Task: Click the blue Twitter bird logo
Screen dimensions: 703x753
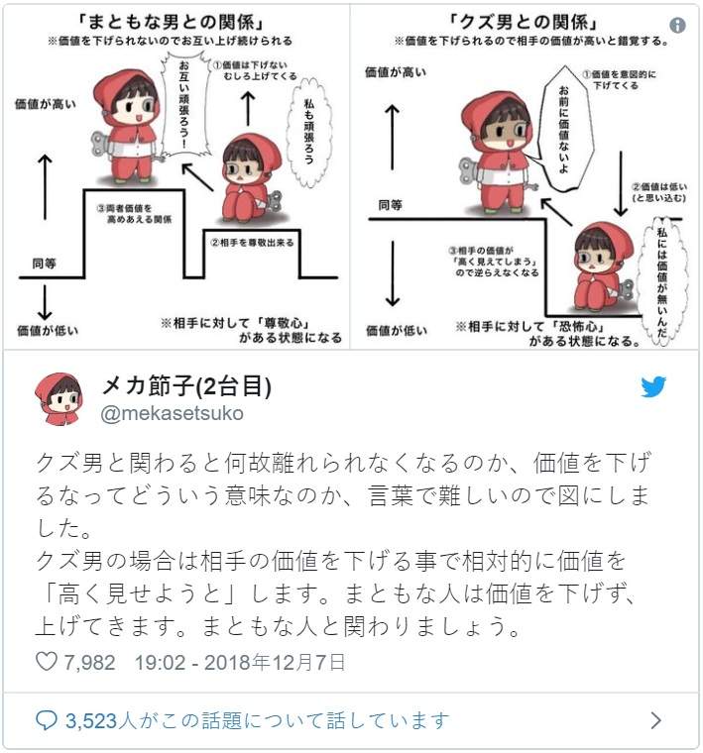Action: coord(653,386)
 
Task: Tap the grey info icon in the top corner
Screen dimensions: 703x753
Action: coord(677,25)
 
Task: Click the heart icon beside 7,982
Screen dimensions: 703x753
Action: coord(47,662)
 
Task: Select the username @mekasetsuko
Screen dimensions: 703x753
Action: coord(172,413)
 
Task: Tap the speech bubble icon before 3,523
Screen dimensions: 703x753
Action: coord(47,720)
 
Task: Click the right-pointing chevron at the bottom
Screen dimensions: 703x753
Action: coord(655,720)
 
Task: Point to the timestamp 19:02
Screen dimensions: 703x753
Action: coord(160,662)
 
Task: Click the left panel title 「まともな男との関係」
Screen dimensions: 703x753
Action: coord(171,22)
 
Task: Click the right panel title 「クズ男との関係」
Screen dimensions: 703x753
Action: coord(524,22)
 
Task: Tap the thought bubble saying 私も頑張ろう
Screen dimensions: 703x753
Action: coord(308,131)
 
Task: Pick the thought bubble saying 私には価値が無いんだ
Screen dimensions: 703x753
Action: coord(663,281)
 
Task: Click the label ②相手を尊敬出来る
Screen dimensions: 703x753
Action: coord(252,243)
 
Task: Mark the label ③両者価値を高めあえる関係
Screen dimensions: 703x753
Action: coord(135,214)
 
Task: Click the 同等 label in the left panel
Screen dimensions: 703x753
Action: coord(45,264)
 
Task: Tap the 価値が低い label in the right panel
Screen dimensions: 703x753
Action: coord(397,330)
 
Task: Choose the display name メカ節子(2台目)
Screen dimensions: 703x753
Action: coord(186,385)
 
